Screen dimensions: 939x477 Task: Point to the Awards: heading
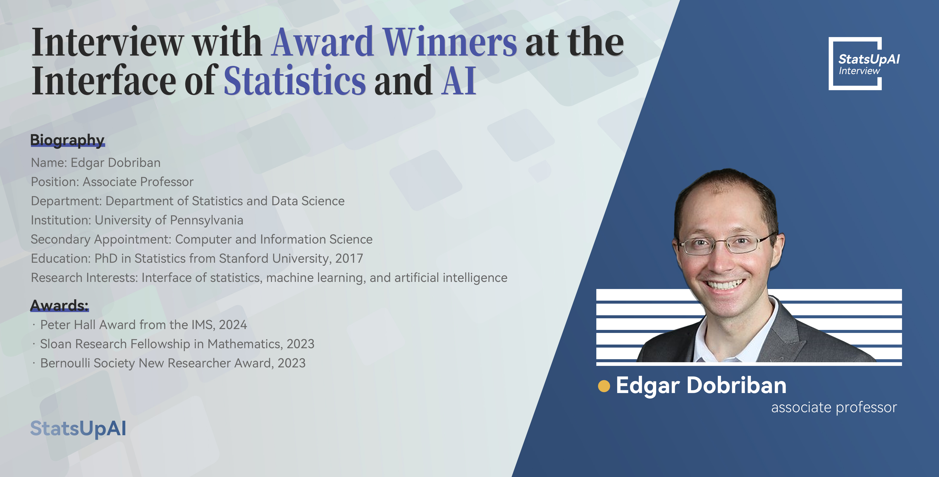click(x=59, y=305)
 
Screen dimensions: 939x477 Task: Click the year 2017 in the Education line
click(x=349, y=258)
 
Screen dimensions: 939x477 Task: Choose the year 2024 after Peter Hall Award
click(x=233, y=325)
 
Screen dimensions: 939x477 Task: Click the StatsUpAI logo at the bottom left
click(x=78, y=429)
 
